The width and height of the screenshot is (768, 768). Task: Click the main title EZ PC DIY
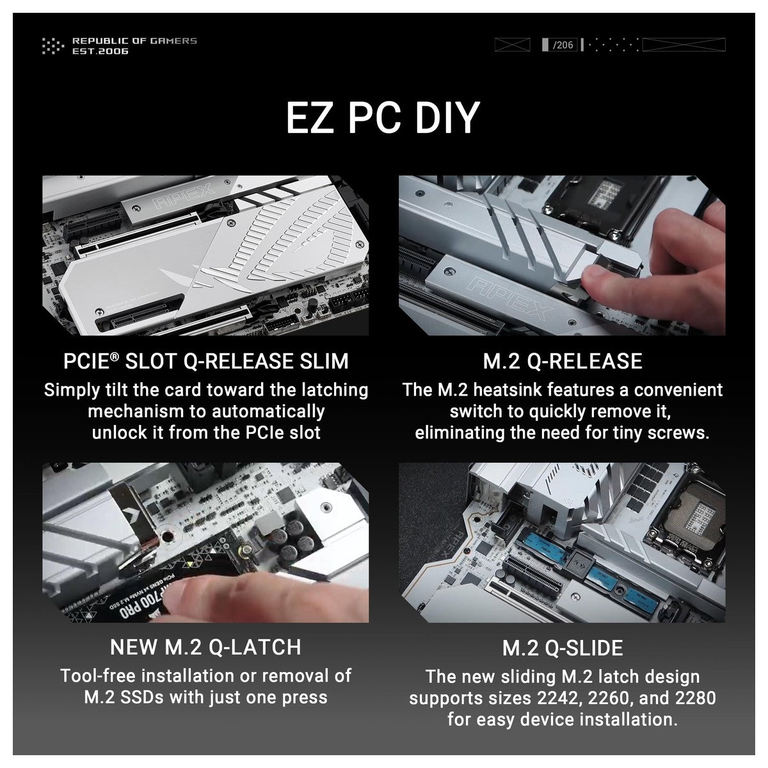pos(383,118)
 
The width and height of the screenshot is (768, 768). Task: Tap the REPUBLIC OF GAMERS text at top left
pos(134,41)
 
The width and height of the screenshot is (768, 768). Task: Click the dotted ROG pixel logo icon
pos(53,45)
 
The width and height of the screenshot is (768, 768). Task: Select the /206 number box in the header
pos(559,45)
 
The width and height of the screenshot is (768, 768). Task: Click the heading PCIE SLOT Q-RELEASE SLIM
pos(205,361)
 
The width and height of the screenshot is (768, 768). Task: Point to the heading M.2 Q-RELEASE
pos(563,361)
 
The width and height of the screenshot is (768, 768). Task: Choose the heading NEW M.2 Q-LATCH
pos(205,647)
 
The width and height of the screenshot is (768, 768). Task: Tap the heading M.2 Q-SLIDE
pos(563,648)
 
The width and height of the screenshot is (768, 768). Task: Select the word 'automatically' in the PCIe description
pos(268,412)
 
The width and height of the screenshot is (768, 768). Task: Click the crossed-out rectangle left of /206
pos(512,45)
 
